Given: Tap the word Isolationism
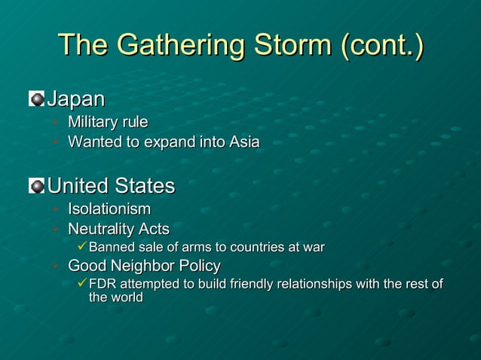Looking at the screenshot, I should point(109,209).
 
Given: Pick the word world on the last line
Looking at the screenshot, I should point(127,297).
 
